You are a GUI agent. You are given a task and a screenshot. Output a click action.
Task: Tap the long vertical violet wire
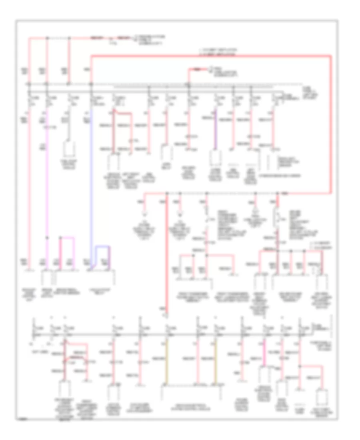48,180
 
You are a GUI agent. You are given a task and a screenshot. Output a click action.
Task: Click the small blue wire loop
102,253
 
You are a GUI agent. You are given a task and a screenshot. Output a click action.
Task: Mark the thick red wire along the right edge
331,120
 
